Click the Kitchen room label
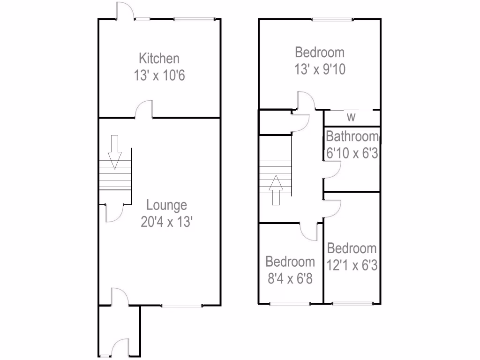tap(159, 59)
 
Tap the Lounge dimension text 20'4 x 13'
tap(166, 222)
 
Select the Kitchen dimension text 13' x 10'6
tap(159, 75)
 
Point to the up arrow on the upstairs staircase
tap(276, 190)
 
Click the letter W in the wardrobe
tap(351, 118)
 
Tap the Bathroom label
tap(352, 137)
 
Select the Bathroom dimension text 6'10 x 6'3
tap(352, 153)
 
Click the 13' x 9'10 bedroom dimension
tap(320, 69)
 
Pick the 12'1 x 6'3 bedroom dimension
tap(352, 265)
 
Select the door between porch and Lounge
tap(120, 297)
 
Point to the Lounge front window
tap(182, 306)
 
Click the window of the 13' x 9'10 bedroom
tap(333, 19)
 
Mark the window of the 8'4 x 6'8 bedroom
tap(290, 304)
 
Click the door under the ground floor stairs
tap(114, 212)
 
